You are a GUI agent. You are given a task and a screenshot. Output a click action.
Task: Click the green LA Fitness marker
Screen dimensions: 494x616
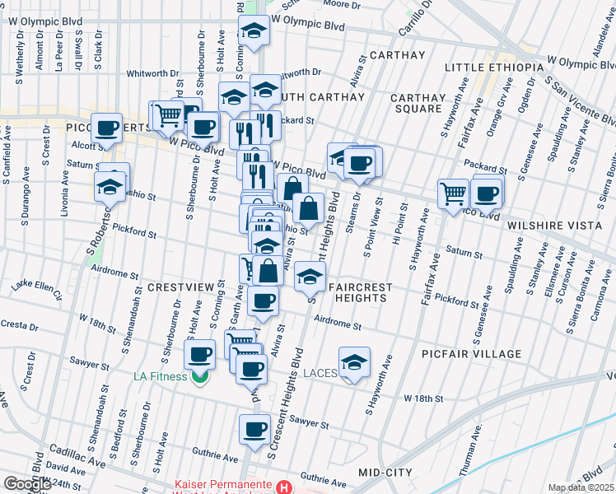(x=198, y=377)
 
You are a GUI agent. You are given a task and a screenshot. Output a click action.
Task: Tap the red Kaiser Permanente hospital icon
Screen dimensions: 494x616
(x=284, y=487)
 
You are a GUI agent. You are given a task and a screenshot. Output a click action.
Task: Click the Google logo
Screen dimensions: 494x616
(x=27, y=484)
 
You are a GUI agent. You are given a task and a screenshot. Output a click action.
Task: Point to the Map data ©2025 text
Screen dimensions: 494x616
(x=581, y=487)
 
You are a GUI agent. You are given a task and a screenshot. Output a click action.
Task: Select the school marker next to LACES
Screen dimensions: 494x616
(x=354, y=362)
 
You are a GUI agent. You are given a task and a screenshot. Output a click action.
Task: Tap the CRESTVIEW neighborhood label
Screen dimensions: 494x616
(x=180, y=287)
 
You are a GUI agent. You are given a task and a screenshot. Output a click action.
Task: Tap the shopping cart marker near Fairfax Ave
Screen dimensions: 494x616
(x=453, y=194)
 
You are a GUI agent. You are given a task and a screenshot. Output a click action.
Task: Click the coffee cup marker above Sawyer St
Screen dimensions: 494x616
(x=254, y=428)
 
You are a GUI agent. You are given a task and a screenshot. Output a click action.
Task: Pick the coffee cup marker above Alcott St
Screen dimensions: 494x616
(x=106, y=128)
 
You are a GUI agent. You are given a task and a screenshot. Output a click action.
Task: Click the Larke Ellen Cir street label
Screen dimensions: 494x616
(x=37, y=288)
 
